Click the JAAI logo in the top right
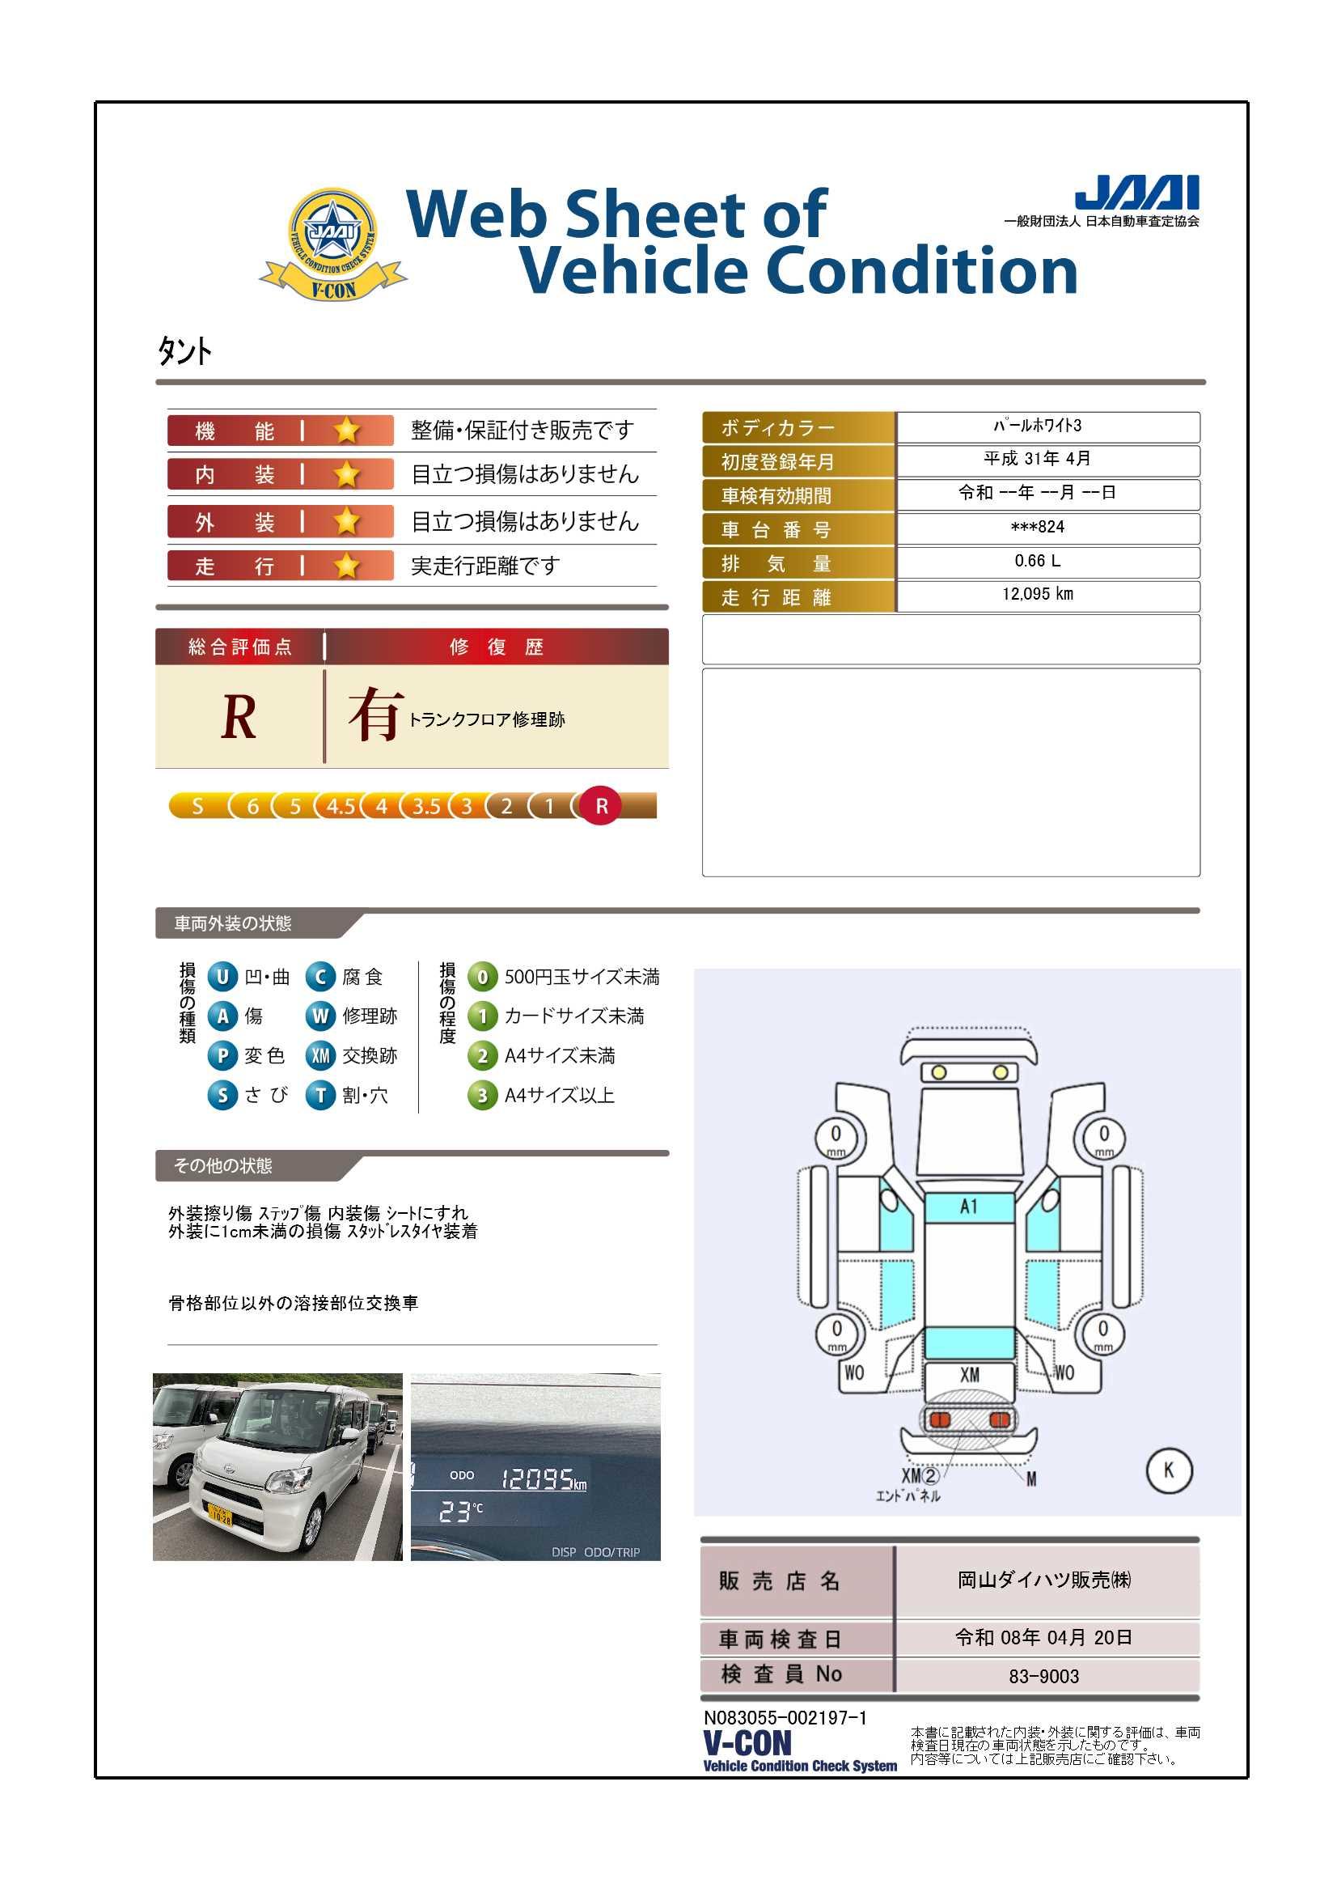point(1137,192)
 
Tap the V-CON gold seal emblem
point(332,244)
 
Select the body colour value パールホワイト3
point(1037,426)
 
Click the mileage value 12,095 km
point(1037,594)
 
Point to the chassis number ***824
point(1037,527)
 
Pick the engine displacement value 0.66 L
point(1037,560)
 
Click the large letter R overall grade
point(239,717)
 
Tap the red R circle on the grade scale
point(601,806)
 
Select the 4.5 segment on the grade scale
point(341,806)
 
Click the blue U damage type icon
point(222,977)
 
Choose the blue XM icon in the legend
point(320,1055)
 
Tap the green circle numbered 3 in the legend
point(483,1095)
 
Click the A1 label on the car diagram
point(970,1207)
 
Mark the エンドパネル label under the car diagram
point(908,1495)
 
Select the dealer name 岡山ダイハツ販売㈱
point(1043,1580)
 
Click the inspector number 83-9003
point(1043,1676)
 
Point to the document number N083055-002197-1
point(785,1718)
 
